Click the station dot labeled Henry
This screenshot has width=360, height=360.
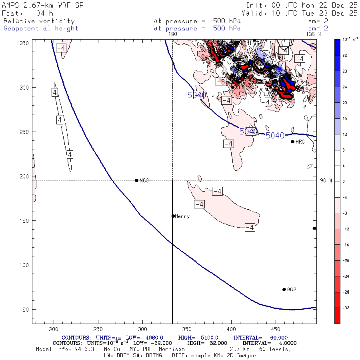(173, 216)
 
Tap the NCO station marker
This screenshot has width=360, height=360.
(137, 180)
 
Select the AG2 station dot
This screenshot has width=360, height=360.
(284, 290)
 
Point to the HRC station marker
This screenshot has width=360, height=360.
(292, 142)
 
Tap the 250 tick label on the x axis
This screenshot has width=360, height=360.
(98, 329)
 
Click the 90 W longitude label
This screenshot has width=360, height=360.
(326, 180)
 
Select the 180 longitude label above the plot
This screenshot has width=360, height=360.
(172, 34)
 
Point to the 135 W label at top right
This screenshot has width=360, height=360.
(313, 34)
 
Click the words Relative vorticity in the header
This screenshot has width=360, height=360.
(39, 21)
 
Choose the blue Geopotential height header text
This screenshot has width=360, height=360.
(41, 28)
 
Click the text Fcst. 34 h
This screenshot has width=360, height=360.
(28, 13)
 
